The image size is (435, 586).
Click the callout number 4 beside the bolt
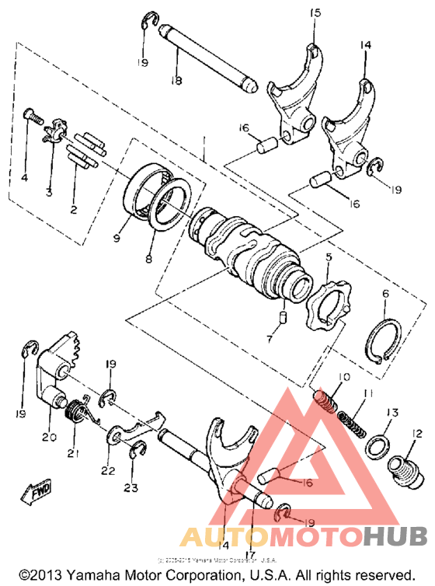tap(24, 177)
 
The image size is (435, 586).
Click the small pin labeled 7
tap(284, 317)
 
